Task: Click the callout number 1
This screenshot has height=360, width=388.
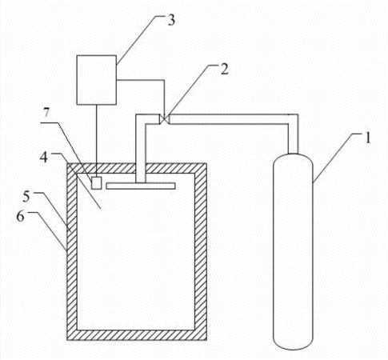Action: click(368, 138)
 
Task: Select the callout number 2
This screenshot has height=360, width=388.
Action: click(225, 70)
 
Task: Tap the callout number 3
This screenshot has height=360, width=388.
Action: click(171, 20)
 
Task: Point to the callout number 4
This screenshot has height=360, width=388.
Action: click(44, 158)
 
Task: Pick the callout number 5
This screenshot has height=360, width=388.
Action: click(26, 197)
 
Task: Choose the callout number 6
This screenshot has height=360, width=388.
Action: click(20, 216)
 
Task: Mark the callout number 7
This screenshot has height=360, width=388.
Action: click(46, 113)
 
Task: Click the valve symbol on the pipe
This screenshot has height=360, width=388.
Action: click(165, 119)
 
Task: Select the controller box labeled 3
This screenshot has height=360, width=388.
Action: click(97, 80)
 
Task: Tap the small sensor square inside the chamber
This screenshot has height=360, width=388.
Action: click(97, 183)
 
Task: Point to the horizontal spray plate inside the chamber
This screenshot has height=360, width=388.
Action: click(141, 186)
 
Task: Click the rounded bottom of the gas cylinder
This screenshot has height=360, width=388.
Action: click(293, 342)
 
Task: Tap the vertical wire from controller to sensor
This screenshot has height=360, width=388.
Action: click(97, 141)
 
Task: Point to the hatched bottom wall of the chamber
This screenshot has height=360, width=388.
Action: click(137, 334)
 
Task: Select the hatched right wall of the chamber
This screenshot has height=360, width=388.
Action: click(201, 251)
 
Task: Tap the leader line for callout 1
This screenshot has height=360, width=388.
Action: click(334, 158)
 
